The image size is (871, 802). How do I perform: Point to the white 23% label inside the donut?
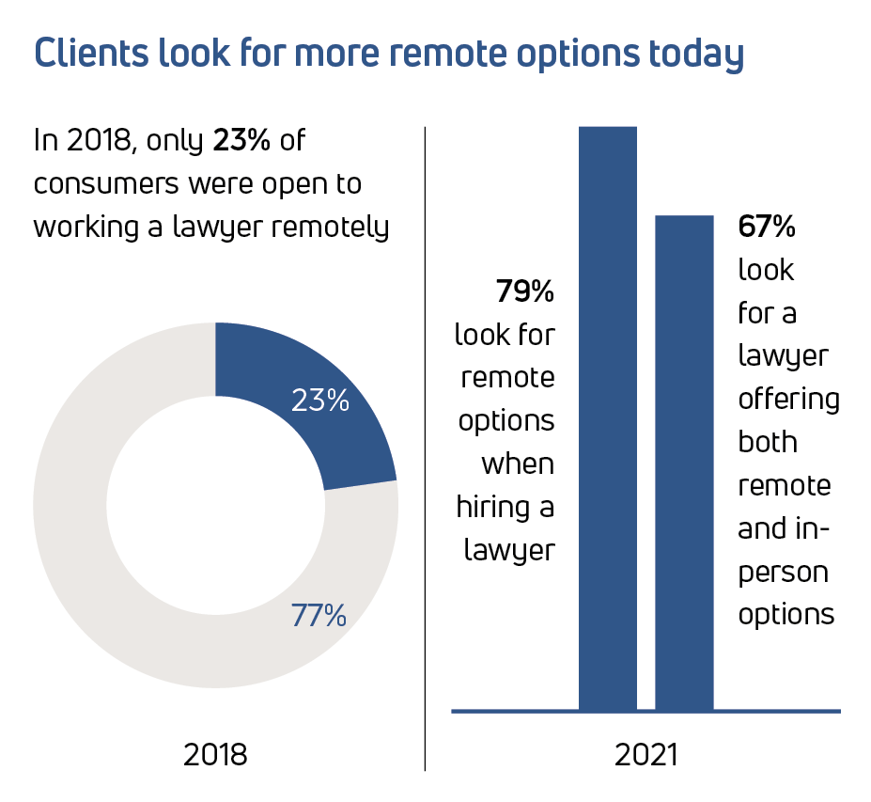319,401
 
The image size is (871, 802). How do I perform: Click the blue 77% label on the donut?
319,616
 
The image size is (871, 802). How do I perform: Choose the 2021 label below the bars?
646,754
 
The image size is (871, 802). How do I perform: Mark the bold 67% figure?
767,227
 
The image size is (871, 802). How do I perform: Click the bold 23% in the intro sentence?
241,140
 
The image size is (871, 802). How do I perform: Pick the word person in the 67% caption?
783,572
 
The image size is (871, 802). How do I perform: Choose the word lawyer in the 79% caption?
508,550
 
